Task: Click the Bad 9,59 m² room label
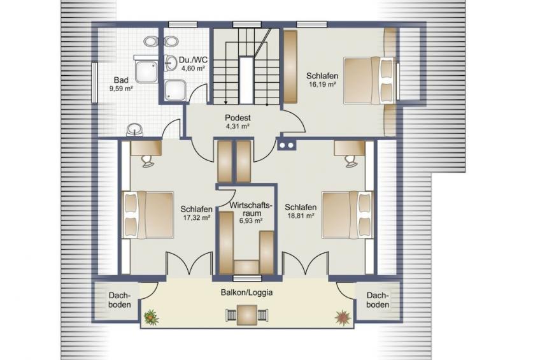[x=121, y=84]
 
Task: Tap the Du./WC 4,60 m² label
[x=193, y=64]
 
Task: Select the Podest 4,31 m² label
[x=238, y=122]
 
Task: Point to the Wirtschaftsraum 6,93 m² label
[x=251, y=213]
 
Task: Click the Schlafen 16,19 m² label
[x=322, y=79]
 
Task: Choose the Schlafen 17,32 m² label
[x=196, y=213]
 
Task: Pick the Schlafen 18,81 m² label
[x=301, y=211]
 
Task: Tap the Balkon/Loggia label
[x=246, y=292]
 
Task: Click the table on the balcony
[x=246, y=315]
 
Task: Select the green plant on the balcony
[x=151, y=317]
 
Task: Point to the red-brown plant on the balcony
[x=343, y=317]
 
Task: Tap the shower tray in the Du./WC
[x=175, y=90]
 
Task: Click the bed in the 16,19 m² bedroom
[x=369, y=80]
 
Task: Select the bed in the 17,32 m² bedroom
[x=148, y=215]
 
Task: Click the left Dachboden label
[x=120, y=300]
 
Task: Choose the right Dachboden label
[x=378, y=300]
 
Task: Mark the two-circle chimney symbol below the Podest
[x=286, y=145]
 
